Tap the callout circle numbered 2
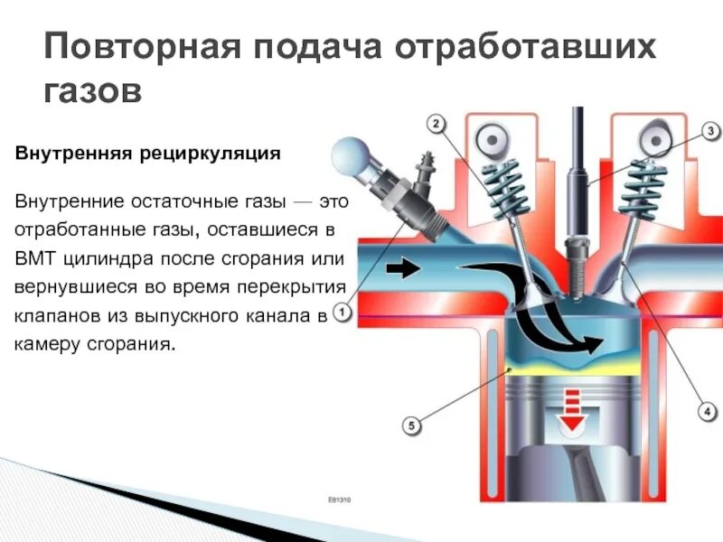pos(435,123)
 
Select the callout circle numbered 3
pos(710,131)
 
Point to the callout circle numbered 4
pos(707,410)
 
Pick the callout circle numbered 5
pos(410,424)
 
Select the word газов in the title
pos(94,89)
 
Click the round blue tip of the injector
pos(348,155)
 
